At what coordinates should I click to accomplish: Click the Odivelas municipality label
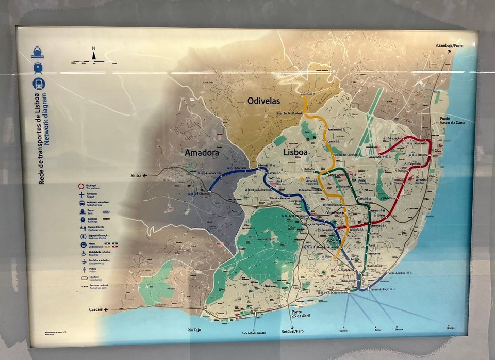263,101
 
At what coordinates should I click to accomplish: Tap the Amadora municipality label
202,153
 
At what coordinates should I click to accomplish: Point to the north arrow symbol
93,54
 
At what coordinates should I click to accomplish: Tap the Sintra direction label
137,176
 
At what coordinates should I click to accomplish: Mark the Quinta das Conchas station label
346,155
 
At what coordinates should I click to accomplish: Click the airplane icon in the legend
81,194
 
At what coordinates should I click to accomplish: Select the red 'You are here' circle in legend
81,186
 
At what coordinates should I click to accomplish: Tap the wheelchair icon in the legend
82,253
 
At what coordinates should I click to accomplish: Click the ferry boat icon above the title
38,52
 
